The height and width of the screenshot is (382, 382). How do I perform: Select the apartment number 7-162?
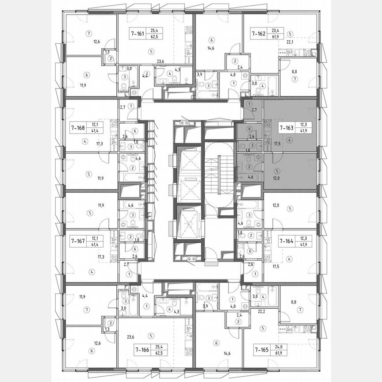259,33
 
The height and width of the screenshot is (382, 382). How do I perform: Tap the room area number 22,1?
290,42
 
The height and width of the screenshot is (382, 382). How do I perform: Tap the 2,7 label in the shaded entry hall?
253,109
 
